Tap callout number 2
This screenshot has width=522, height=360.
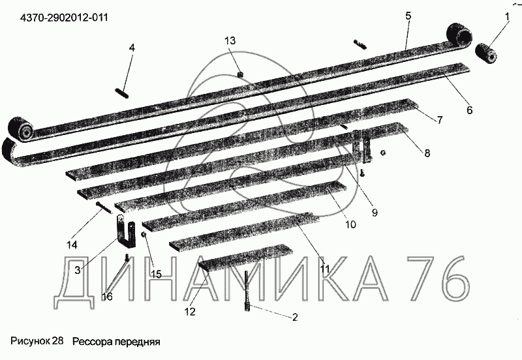[x=294, y=318]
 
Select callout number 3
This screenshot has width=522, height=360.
[x=77, y=269]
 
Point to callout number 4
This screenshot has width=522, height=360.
[x=132, y=48]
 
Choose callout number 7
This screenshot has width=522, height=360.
[x=439, y=120]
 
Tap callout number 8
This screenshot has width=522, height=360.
[x=427, y=153]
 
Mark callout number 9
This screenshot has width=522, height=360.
[x=375, y=211]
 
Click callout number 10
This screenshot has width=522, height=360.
[x=350, y=224]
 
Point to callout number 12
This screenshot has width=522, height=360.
[x=189, y=312]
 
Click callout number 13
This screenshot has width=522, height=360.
[x=229, y=40]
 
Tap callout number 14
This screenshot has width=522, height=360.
[x=72, y=245]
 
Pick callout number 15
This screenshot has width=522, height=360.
[x=155, y=273]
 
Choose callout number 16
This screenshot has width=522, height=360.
[x=107, y=296]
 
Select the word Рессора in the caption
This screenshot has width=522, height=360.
[x=91, y=341]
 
